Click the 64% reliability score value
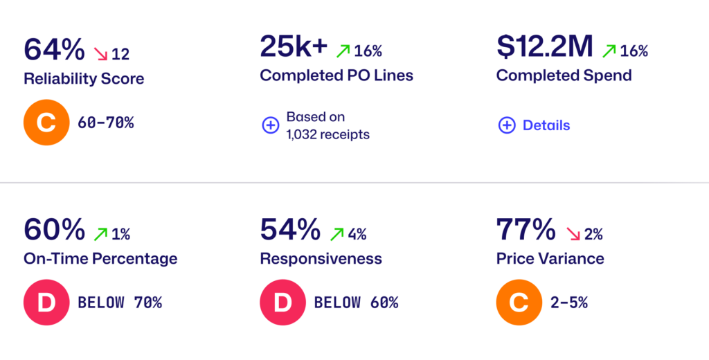click(54, 49)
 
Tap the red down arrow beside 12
click(101, 54)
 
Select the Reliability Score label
click(84, 79)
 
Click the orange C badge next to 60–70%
click(46, 123)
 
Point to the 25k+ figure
click(294, 46)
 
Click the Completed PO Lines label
click(336, 75)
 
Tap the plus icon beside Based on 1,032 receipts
click(271, 125)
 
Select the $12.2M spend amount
click(544, 46)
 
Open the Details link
click(546, 125)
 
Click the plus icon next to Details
click(507, 125)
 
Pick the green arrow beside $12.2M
click(609, 51)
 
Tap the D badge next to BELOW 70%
click(46, 303)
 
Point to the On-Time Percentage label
click(100, 259)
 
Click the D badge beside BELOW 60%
click(283, 303)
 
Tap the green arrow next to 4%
click(337, 234)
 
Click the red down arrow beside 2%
click(573, 234)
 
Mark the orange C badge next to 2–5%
click(519, 303)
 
